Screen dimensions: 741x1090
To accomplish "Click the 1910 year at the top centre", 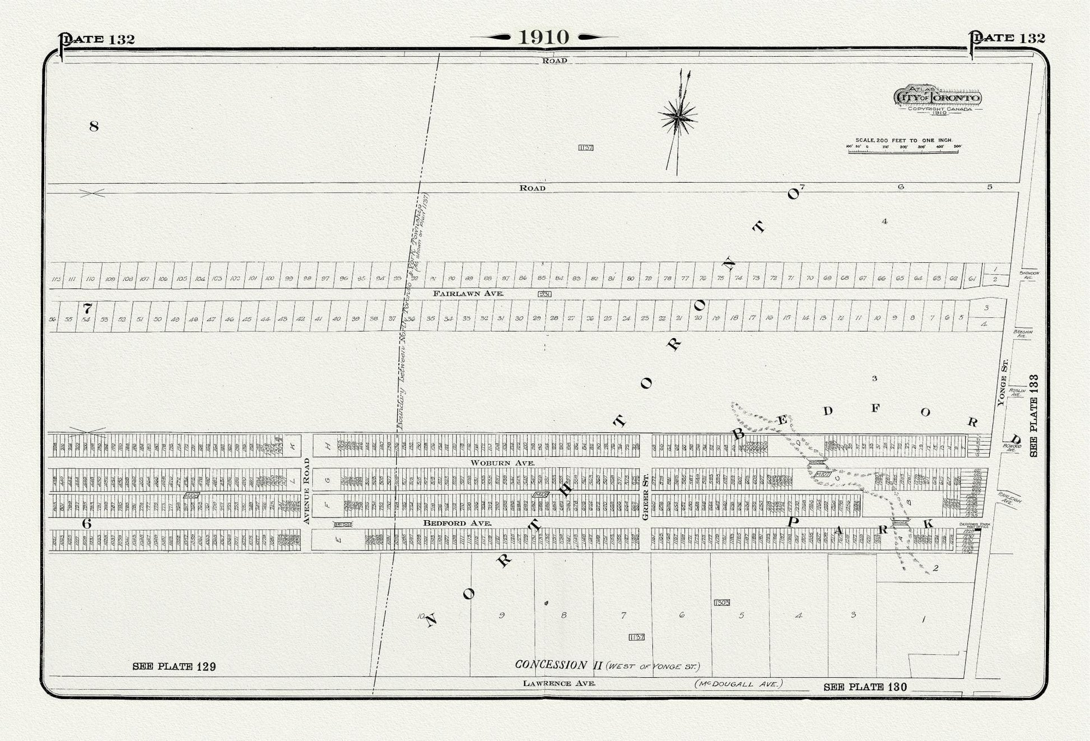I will [x=544, y=37].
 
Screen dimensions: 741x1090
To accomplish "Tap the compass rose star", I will [x=678, y=117].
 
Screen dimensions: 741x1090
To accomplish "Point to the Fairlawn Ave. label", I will [x=468, y=293].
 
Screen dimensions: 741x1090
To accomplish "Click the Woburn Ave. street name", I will [x=502, y=463].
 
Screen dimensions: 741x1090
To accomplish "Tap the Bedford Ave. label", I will [x=457, y=523].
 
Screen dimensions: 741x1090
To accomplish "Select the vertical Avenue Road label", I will [x=306, y=491].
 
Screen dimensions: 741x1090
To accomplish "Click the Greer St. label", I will [x=645, y=496].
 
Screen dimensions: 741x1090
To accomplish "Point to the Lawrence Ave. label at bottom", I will [x=558, y=683].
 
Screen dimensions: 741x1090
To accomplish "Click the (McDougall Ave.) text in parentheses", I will [x=738, y=683].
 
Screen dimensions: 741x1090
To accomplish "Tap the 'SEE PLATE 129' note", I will [x=174, y=666].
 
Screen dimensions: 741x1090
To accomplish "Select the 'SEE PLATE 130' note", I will [x=865, y=687].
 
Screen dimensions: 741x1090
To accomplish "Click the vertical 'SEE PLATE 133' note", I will [x=1033, y=415].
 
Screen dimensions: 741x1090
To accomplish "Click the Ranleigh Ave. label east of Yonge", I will [x=1010, y=498].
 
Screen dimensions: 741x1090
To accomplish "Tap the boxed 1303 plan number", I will [x=722, y=603].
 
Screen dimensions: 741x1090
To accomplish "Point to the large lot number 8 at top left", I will [x=94, y=126].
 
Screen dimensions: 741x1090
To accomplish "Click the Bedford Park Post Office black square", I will [x=977, y=530].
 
